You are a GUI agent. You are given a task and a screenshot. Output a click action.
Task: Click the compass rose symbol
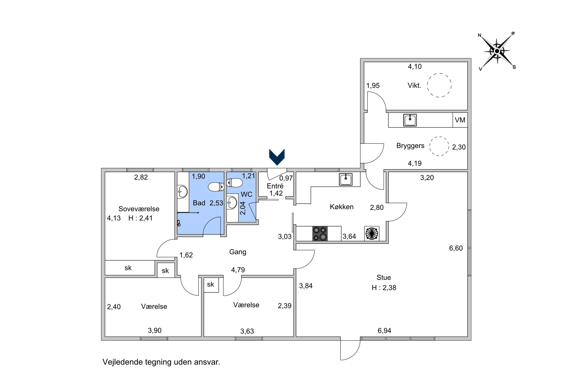tap(497, 51)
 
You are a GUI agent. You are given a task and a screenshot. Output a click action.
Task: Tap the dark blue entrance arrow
tap(277, 157)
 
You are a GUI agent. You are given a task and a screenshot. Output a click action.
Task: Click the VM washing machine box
tap(460, 120)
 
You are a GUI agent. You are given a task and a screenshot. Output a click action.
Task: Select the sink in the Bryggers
tap(410, 120)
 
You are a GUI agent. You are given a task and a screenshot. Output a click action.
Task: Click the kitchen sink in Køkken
tap(346, 179)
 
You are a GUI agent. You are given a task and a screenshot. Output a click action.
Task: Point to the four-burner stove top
tap(320, 234)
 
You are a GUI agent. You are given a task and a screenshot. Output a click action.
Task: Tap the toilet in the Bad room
tap(216, 187)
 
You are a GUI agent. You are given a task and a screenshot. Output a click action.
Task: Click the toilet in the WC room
tap(234, 183)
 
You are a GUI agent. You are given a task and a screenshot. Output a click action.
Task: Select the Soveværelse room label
tap(139, 209)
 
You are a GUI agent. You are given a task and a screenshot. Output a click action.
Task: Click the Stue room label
tap(384, 277)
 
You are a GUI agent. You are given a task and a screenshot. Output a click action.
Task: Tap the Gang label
tap(238, 252)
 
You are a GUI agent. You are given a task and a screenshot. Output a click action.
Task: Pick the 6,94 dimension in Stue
tap(384, 330)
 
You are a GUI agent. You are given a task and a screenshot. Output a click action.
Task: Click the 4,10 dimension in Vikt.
tap(415, 66)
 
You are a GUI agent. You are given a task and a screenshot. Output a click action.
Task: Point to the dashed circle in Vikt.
tap(439, 85)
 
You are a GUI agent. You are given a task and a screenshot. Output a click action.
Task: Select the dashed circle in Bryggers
tap(439, 146)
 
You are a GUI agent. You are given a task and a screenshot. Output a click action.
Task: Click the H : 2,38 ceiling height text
tap(384, 287)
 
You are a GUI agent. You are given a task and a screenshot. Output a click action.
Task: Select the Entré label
tap(275, 186)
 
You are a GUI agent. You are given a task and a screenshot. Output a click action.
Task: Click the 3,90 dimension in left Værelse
tap(155, 330)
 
